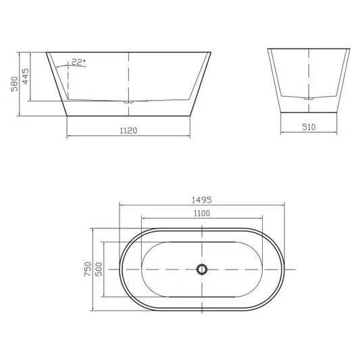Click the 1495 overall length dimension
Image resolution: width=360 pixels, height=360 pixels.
(202, 199)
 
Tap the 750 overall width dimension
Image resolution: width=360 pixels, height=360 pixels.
(87, 269)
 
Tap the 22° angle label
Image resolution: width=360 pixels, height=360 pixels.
(79, 63)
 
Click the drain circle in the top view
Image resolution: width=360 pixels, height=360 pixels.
(201, 269)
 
